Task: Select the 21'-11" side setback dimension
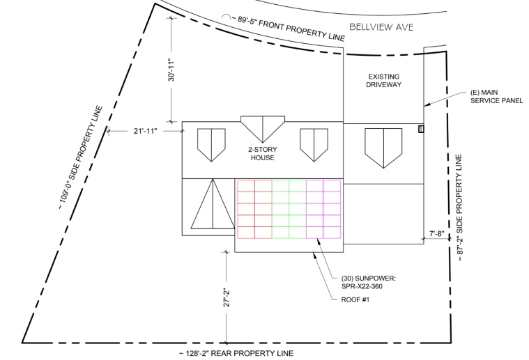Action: click(x=146, y=130)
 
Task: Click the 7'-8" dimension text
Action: click(x=437, y=234)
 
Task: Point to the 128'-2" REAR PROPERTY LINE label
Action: click(x=236, y=353)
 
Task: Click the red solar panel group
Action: click(x=254, y=209)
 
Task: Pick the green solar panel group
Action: click(x=289, y=209)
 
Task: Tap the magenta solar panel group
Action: click(x=323, y=209)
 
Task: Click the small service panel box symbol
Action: click(x=420, y=129)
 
